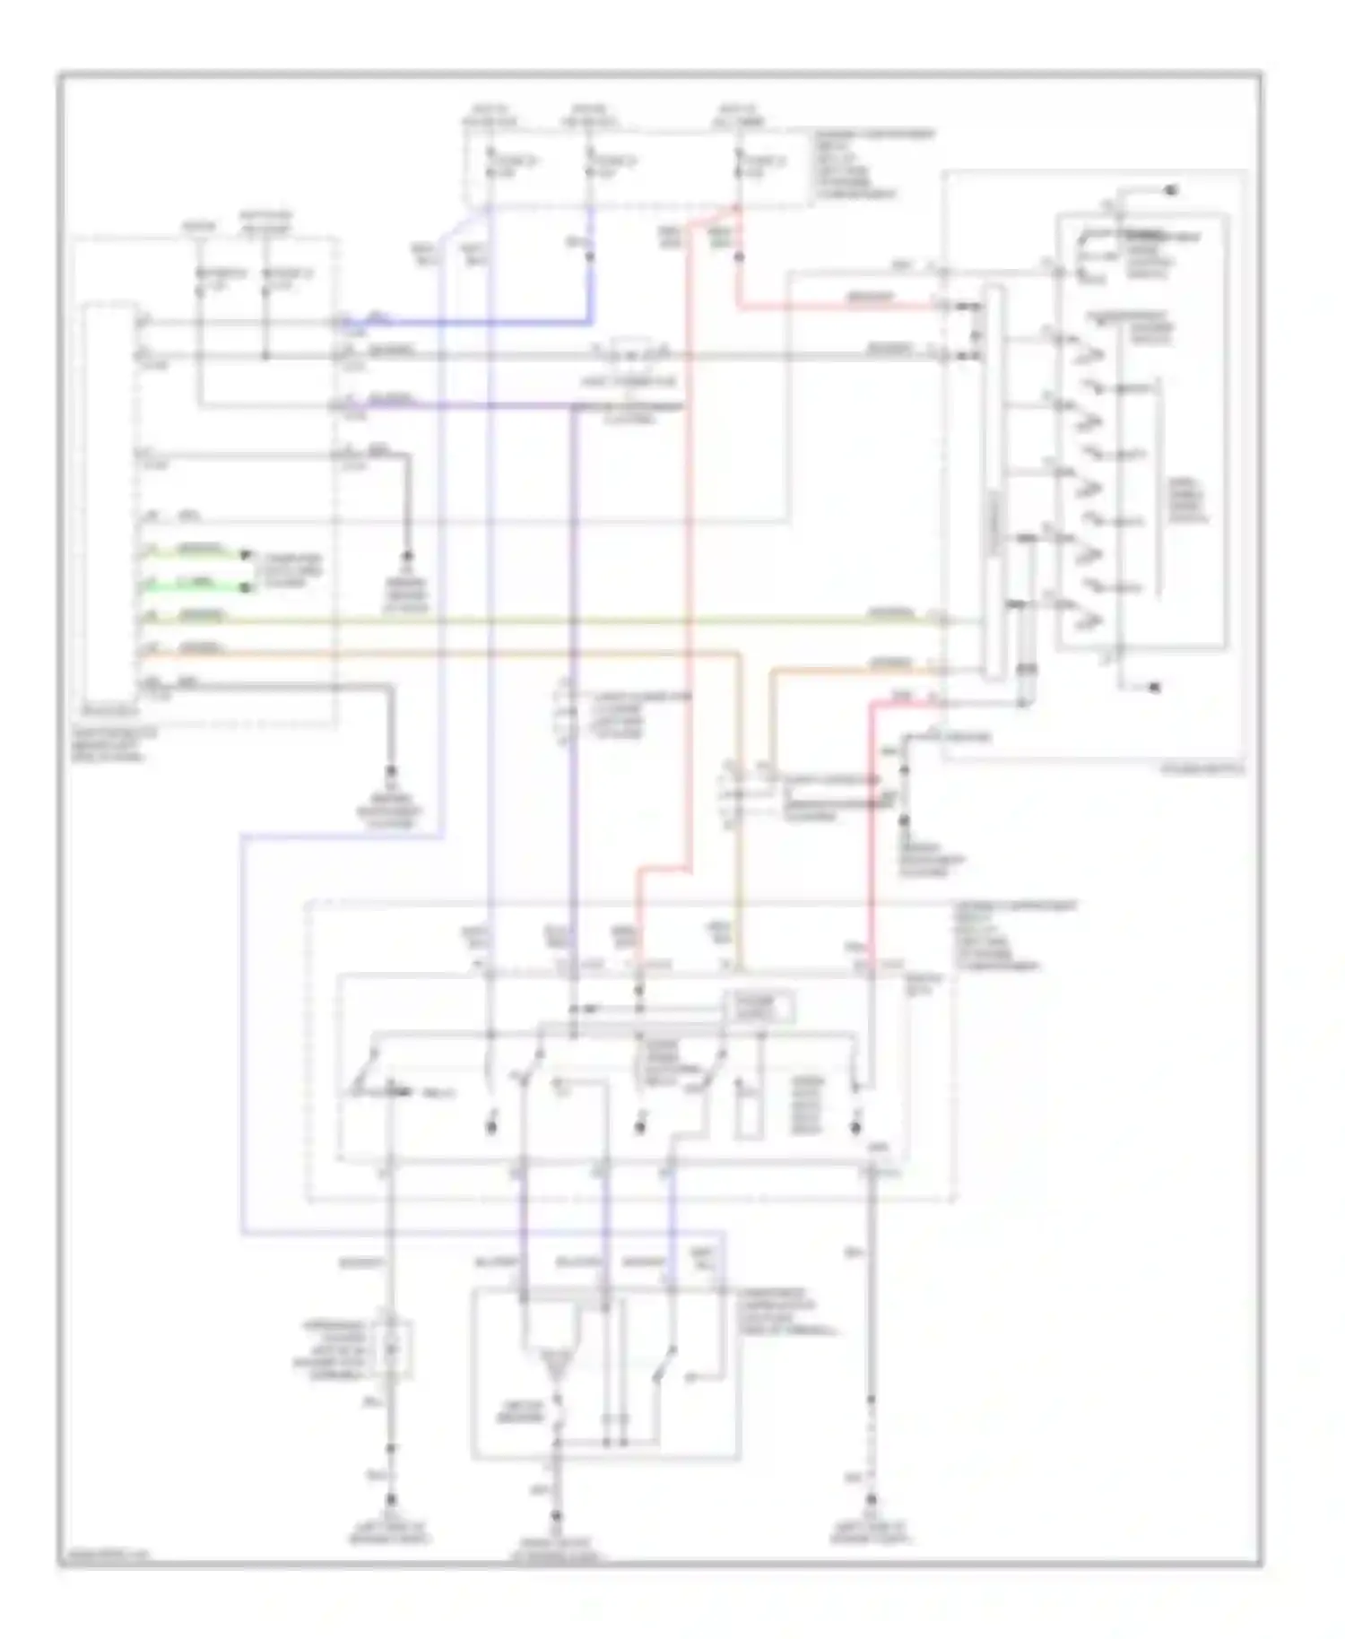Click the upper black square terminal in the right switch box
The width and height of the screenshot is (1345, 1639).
pos(1171,190)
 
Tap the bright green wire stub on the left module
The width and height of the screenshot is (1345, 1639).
pos(193,586)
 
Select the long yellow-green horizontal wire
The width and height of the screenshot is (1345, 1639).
pos(538,620)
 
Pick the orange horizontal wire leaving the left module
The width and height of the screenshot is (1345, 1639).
pos(448,652)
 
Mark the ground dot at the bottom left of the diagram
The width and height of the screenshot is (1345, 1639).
pos(390,1498)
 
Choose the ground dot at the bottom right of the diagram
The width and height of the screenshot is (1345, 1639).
pos(871,1498)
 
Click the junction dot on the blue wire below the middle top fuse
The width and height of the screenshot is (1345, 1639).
pos(590,256)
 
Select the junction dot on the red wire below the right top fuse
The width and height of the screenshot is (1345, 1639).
pos(738,256)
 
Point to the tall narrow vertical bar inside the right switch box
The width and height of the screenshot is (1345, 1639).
pos(994,484)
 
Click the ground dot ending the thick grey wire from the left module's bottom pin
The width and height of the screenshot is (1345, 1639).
pos(390,771)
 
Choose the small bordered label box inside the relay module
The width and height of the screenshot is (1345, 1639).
pos(759,1006)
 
